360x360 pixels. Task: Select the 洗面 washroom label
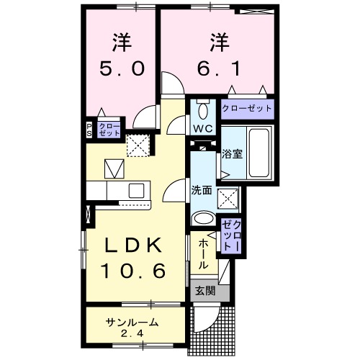201,190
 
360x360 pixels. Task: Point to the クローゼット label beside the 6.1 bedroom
247,109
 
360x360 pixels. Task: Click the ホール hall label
202,254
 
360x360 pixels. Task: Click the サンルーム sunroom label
131,322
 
